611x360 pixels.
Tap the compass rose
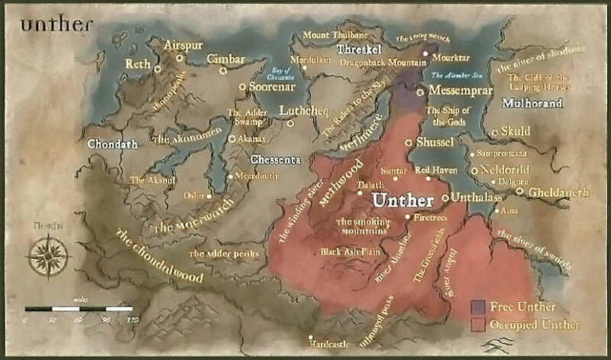[x=49, y=255]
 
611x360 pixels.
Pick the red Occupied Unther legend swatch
[x=479, y=325]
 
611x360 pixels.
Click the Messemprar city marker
[x=420, y=91]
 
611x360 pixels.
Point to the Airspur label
[x=184, y=45]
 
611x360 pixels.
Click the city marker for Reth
[x=157, y=69]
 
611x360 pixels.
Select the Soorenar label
[x=271, y=86]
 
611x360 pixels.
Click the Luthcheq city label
[x=303, y=110]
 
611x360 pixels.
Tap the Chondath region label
[x=112, y=143]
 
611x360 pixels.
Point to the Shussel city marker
[x=409, y=142]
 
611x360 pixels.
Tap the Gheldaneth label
[x=558, y=193]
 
